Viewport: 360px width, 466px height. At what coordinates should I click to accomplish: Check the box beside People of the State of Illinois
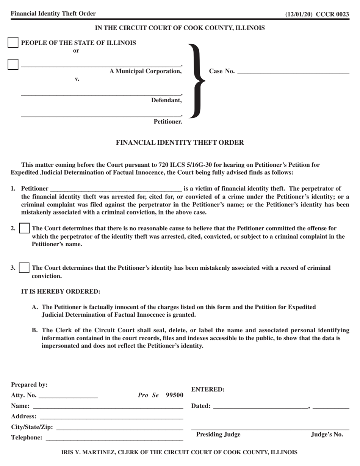tap(13, 42)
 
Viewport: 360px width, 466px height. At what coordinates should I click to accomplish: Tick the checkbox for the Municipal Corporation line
tap(13, 64)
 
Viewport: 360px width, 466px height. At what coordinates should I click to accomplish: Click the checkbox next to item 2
tap(24, 228)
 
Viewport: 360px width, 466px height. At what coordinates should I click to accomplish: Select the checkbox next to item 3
tap(24, 268)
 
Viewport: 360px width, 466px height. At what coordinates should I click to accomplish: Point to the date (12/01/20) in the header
tap(298, 14)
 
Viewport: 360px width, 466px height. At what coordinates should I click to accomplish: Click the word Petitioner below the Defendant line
tap(167, 122)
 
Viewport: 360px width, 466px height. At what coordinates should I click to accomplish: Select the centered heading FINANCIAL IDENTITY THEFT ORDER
tap(180, 143)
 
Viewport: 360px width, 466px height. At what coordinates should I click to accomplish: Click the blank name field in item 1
tap(116, 188)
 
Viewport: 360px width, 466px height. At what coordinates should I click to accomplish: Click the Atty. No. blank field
tap(68, 396)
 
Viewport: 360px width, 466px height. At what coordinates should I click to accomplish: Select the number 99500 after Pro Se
tap(174, 395)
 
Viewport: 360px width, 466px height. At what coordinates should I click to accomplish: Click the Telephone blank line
tap(114, 438)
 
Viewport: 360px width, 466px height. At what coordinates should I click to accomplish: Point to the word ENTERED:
tap(208, 389)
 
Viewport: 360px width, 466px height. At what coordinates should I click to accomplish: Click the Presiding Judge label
tap(218, 435)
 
